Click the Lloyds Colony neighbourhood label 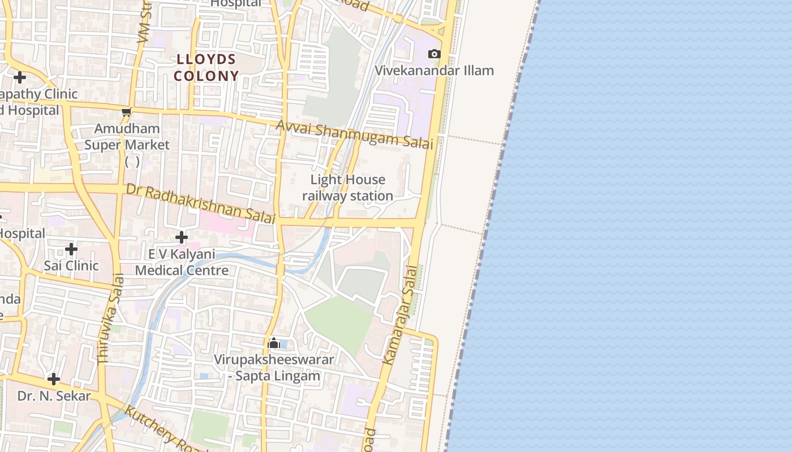coord(206,67)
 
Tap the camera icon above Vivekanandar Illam coord(434,54)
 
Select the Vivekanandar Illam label coord(434,71)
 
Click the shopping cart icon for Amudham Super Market coord(127,112)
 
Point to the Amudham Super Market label coord(127,137)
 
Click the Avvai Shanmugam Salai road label coord(355,135)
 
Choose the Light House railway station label coord(347,188)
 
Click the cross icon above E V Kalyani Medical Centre coord(181,237)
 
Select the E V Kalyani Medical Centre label coord(182,262)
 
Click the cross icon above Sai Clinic coord(71,249)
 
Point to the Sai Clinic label coord(71,266)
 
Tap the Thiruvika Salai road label coord(110,319)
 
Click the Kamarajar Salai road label coord(401,315)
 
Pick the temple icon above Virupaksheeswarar coord(274,343)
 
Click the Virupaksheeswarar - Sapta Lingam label coord(274,367)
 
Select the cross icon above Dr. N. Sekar coord(54,379)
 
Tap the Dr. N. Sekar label coord(54,396)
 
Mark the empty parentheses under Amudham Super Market coord(132,162)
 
